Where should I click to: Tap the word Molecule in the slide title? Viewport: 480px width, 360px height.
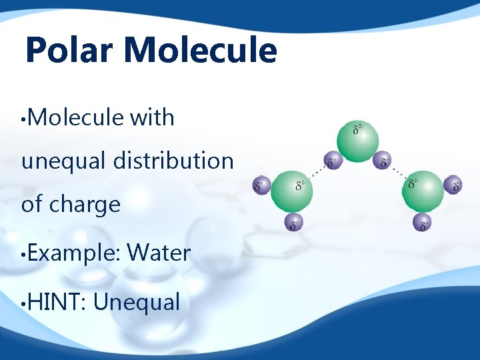tap(200, 51)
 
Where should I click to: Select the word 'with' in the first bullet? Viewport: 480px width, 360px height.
tap(152, 118)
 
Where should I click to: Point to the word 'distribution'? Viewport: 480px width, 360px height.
tap(173, 161)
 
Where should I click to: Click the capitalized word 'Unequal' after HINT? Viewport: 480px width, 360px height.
tap(137, 302)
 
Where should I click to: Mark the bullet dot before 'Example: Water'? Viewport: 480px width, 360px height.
tap(24, 254)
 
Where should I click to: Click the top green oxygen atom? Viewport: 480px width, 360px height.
tap(357, 138)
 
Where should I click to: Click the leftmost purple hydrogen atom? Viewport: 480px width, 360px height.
tap(262, 186)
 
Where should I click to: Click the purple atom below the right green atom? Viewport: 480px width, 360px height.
tap(421, 223)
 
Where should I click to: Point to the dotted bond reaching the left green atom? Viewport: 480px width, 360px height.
tap(319, 171)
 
